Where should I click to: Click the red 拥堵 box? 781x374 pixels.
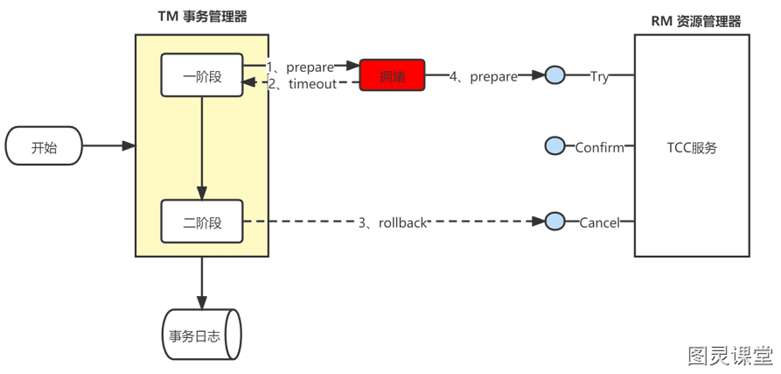[393, 76]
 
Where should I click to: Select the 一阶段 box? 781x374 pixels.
[202, 74]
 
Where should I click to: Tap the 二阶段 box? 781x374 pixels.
[202, 222]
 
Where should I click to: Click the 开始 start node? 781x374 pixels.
[44, 145]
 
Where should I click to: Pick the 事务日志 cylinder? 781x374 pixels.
[202, 335]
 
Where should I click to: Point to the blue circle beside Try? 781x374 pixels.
[554, 75]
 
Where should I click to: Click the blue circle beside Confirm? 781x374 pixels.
[554, 146]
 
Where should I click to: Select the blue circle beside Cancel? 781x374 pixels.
[554, 221]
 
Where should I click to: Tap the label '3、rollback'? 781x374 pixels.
[393, 222]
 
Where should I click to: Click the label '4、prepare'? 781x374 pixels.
[484, 77]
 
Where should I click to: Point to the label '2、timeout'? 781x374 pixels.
[303, 84]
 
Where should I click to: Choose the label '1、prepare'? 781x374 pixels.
[300, 67]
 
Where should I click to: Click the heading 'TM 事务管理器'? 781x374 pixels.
[202, 17]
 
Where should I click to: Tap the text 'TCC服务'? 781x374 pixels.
[692, 148]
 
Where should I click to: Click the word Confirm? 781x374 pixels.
[600, 148]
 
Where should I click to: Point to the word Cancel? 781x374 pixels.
[600, 222]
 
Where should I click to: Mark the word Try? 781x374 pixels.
[600, 77]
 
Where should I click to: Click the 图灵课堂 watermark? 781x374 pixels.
[731, 355]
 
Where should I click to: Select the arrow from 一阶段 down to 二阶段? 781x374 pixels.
[202, 148]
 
